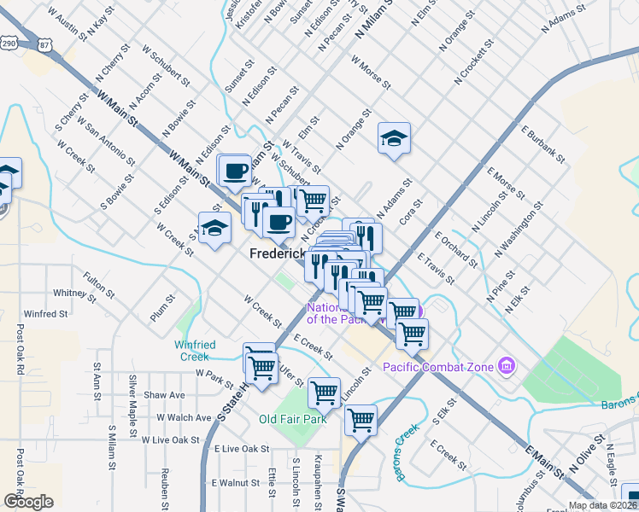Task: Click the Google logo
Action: [x=28, y=502]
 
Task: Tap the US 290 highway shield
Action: [x=9, y=43]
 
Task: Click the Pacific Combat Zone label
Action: [x=437, y=367]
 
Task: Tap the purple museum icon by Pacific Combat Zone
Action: [x=507, y=366]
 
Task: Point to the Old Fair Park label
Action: [x=293, y=420]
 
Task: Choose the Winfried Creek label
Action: [x=198, y=351]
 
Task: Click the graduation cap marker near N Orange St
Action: [x=394, y=139]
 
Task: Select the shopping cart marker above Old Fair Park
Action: [x=324, y=393]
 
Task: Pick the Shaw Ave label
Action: [x=164, y=395]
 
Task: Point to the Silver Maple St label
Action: [x=133, y=393]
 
